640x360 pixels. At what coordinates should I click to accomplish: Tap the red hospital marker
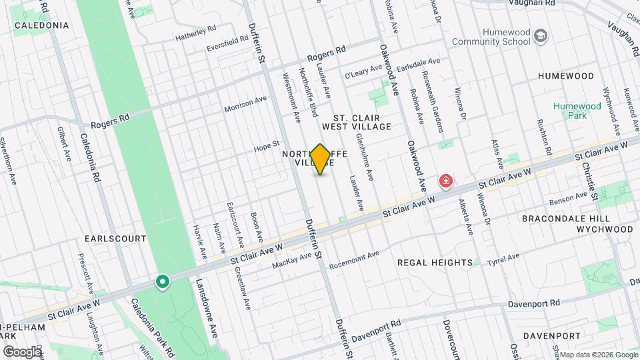pos(445,181)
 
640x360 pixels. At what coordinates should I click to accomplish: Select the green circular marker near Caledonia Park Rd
pos(161,283)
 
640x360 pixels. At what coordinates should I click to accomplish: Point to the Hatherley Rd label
pos(196,33)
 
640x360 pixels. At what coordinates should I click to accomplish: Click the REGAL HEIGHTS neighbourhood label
pos(435,263)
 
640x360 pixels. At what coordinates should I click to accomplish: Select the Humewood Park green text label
pos(577,111)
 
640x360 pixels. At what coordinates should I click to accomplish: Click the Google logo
pos(22,351)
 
